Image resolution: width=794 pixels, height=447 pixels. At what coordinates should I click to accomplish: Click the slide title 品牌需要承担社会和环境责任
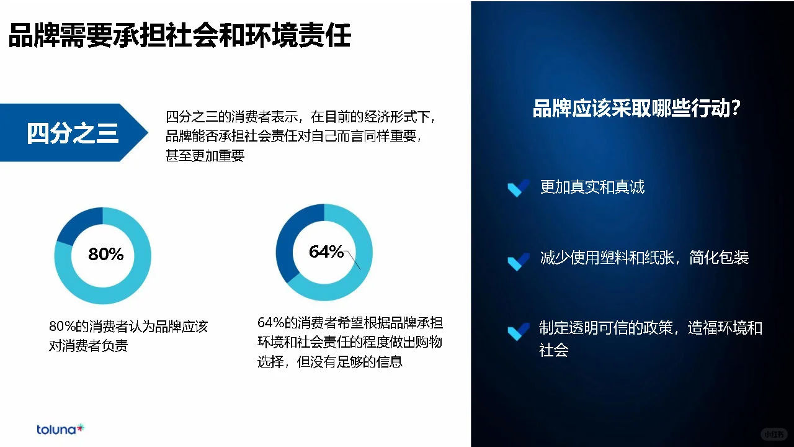pos(180,35)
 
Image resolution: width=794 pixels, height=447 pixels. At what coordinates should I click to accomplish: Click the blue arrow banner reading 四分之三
pos(73,133)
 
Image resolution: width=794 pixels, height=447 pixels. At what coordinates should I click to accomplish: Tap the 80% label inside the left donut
pos(105,254)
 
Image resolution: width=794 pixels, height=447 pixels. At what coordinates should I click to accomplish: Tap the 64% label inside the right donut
pos(326,251)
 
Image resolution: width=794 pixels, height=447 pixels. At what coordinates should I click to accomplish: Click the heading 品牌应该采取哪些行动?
pos(637,109)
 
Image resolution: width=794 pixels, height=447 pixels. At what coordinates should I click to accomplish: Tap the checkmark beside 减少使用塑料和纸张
pos(518,261)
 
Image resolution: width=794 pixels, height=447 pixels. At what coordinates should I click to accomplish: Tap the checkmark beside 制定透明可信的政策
pos(518,331)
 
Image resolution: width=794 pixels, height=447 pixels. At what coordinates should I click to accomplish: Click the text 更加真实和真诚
pos(592,187)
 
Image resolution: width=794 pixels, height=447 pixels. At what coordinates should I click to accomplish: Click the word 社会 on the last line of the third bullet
pos(554,350)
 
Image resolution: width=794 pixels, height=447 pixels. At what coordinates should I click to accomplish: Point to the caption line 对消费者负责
pos(89,346)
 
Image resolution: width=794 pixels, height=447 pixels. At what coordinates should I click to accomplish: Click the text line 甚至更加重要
pos(205,155)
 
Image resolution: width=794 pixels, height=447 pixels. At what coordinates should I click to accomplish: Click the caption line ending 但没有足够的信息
pos(330,361)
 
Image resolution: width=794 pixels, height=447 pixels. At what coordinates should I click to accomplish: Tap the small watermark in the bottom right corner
pos(774,433)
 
